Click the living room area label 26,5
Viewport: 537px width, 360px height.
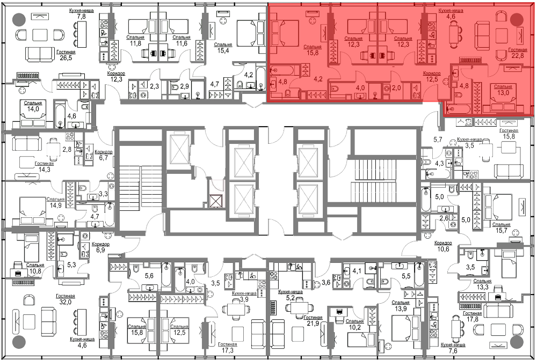[66, 58]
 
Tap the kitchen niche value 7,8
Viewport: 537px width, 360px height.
[81, 17]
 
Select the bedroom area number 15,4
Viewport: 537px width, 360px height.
[223, 50]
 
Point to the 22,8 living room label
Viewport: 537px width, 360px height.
[517, 56]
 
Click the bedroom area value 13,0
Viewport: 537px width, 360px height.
[503, 93]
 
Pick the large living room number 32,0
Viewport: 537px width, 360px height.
[65, 302]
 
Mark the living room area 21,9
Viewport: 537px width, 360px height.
[313, 324]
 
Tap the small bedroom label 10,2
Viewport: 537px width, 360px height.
[354, 327]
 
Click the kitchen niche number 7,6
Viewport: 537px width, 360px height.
[453, 351]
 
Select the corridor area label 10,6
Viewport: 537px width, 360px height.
[443, 249]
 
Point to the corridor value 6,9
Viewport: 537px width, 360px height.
[100, 250]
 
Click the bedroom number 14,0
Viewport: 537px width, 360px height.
[33, 109]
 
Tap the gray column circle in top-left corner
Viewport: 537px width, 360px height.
[19, 19]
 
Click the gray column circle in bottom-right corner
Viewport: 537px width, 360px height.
[517, 342]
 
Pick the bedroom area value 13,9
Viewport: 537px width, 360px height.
[401, 308]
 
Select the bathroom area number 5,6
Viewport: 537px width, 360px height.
[149, 276]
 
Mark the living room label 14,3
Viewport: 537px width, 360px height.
[44, 170]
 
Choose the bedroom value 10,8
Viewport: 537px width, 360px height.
[34, 271]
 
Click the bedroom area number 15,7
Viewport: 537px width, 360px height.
[501, 231]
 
